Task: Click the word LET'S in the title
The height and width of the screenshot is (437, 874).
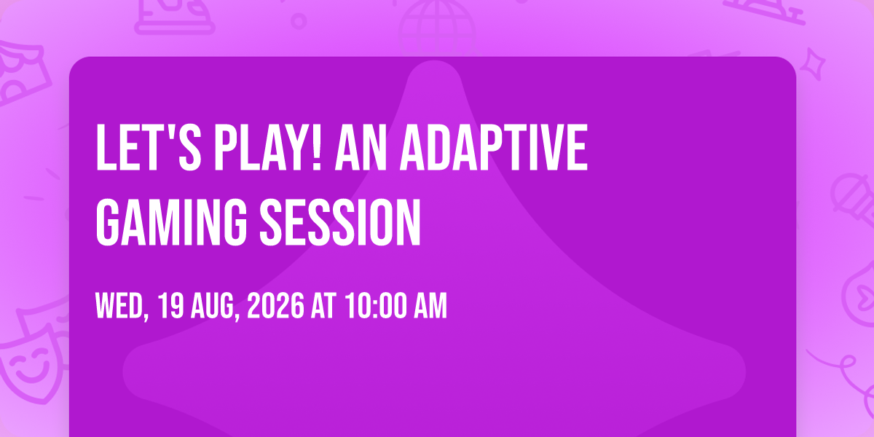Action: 149,147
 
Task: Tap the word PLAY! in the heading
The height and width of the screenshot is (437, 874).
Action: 268,147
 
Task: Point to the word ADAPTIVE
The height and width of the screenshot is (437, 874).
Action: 494,147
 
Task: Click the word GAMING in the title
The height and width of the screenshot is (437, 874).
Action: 171,222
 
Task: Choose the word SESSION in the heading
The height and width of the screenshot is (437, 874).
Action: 340,222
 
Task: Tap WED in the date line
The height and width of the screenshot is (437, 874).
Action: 119,307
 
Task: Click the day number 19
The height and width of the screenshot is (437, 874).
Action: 171,307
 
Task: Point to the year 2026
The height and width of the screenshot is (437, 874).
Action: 275,307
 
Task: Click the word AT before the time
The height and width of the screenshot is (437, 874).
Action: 323,307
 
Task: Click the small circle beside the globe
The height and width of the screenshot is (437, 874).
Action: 299,21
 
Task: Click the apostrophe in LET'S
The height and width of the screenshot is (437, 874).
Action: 170,133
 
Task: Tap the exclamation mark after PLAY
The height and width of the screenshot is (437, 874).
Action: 317,147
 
